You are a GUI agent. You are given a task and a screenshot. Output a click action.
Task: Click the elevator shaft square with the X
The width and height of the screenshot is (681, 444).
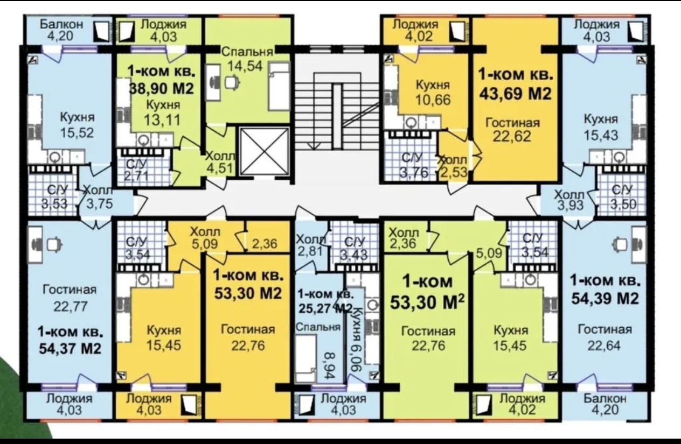[264, 151]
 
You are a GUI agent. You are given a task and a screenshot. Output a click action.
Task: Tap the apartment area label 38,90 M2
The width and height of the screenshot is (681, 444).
[162, 89]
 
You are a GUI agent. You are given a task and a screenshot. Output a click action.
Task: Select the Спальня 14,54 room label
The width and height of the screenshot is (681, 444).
[247, 59]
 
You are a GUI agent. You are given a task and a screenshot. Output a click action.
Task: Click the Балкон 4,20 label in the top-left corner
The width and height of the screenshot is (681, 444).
[61, 30]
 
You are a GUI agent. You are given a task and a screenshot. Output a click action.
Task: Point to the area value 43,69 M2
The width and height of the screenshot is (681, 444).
[515, 93]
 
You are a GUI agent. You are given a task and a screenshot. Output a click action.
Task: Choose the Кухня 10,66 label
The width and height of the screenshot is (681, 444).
[433, 93]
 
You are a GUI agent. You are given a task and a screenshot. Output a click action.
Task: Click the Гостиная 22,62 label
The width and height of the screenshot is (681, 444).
[512, 130]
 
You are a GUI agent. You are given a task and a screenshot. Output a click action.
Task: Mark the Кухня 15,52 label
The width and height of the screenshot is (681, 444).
[77, 125]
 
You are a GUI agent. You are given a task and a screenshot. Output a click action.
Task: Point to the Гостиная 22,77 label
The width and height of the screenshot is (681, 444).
[70, 298]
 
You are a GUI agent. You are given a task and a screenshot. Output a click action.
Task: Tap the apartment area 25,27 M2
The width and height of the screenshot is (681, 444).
[325, 308]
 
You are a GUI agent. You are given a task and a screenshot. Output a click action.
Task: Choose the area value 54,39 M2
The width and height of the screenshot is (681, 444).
[605, 299]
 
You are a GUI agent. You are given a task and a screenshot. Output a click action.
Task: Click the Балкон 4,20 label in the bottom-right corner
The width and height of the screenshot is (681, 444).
[605, 404]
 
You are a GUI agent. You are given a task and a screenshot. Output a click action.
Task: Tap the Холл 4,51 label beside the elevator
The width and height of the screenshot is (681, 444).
[220, 163]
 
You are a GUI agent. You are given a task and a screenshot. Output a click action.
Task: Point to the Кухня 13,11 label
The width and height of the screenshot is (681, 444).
[163, 112]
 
